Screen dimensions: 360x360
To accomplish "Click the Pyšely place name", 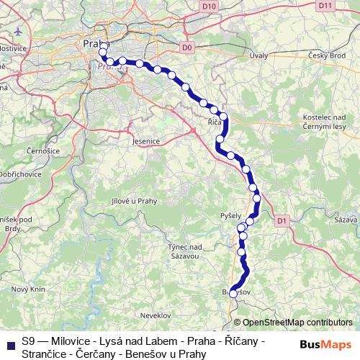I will click(231, 216).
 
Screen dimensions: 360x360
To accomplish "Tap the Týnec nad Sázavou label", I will click(184, 251).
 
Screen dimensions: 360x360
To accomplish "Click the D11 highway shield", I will click(325, 6).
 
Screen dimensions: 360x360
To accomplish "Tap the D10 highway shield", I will click(209, 6).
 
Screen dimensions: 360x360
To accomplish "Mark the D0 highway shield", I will click(188, 48).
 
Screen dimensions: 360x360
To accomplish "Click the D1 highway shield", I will click(282, 220).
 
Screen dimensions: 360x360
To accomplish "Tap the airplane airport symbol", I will click(18, 32).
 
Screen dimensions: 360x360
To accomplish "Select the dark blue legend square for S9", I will click(10, 344).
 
